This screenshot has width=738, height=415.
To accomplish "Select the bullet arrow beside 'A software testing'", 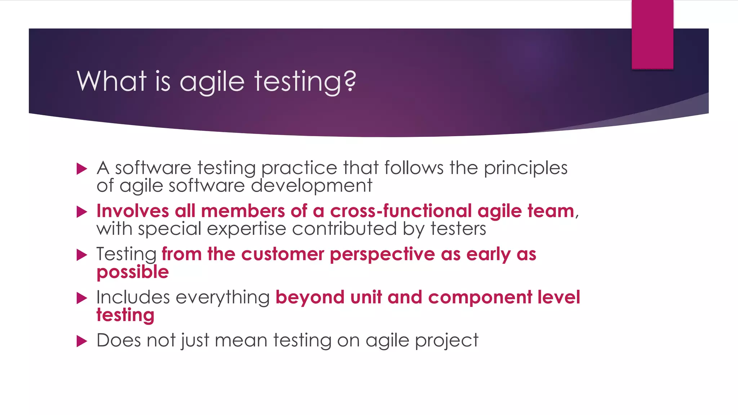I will point(82,169).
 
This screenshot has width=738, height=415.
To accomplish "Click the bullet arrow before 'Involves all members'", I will point(82,212).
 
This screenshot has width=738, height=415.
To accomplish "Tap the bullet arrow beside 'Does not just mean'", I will point(82,341).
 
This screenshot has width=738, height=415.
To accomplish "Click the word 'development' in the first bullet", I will point(311,186).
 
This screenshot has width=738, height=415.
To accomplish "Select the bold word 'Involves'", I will point(133,211).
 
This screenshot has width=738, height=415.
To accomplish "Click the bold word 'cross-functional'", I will point(401,211).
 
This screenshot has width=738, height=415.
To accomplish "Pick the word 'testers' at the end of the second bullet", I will point(458,229).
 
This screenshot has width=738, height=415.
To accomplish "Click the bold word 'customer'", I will point(283,254).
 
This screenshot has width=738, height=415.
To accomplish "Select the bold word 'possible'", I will point(133,272).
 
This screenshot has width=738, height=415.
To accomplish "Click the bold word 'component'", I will point(480,298).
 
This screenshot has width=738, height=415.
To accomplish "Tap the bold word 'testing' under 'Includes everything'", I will point(125,316).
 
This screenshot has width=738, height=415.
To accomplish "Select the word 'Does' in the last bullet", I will point(119,340).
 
